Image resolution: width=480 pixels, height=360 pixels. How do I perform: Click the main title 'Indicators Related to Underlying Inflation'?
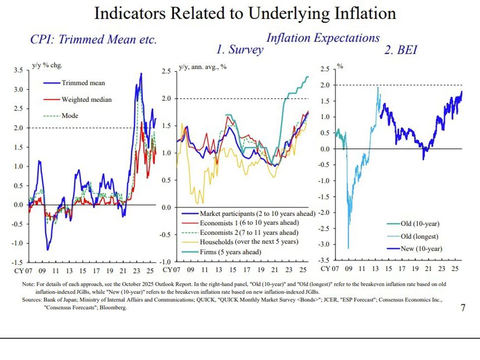[x=245, y=13]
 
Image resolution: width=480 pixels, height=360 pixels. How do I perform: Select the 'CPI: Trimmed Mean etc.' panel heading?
[x=94, y=40]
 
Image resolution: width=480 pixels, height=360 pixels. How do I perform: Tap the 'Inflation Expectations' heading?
[x=323, y=38]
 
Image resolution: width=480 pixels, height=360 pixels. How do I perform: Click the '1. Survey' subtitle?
[x=239, y=50]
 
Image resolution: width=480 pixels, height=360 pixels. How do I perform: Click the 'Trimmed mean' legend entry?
[x=83, y=83]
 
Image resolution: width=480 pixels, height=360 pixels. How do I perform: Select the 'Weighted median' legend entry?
[x=86, y=99]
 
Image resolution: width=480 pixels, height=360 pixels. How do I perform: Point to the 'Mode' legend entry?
[x=69, y=116]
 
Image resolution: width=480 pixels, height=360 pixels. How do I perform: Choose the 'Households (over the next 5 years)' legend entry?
[x=249, y=242]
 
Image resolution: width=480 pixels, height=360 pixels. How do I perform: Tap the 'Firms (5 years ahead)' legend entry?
[x=230, y=252]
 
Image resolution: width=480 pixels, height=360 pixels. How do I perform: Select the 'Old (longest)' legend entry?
[x=419, y=237]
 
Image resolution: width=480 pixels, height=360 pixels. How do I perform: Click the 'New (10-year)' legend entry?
[x=421, y=248]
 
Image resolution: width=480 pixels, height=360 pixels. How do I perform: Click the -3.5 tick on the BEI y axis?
[x=326, y=260]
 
